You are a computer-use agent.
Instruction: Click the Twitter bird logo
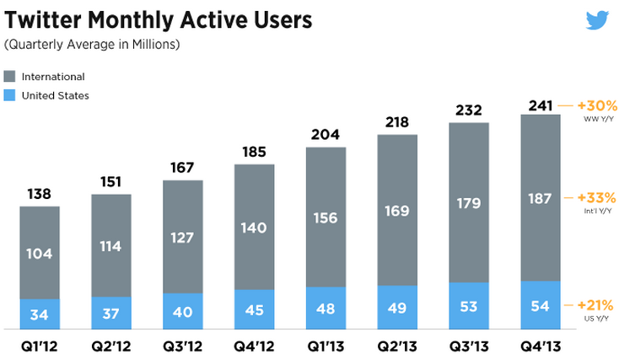(598, 20)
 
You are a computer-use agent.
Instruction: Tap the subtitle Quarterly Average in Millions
(92, 44)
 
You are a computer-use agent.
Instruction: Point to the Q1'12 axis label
(40, 345)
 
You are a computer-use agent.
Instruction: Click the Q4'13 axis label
(541, 345)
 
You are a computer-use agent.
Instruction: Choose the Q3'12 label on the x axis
(183, 345)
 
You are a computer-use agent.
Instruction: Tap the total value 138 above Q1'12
(40, 194)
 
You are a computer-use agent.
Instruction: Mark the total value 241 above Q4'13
(541, 105)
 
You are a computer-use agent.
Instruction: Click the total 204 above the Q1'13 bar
(326, 135)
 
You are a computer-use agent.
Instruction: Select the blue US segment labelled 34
(40, 314)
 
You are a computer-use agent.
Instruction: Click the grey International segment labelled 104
(40, 253)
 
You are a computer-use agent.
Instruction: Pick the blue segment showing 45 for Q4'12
(254, 309)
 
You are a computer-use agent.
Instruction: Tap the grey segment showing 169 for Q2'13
(397, 210)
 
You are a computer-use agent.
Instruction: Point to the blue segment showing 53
(469, 305)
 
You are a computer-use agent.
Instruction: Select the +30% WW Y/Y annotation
(597, 110)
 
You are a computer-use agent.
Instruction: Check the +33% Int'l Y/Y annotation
(595, 201)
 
